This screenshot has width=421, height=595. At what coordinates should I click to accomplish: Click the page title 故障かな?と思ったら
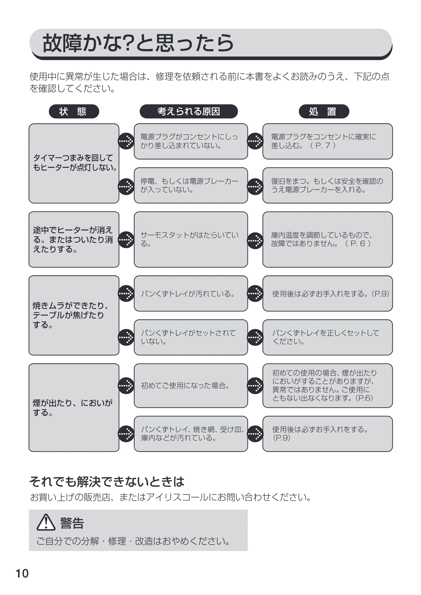click(138, 43)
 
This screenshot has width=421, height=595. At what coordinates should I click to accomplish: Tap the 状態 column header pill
click(74, 111)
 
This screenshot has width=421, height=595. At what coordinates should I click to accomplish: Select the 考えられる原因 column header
click(189, 111)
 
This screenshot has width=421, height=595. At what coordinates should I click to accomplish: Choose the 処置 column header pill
click(324, 111)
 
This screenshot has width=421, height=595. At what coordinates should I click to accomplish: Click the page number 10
click(22, 574)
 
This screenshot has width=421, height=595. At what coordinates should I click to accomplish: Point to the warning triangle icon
click(46, 522)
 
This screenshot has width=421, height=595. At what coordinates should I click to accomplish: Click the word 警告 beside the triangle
click(72, 523)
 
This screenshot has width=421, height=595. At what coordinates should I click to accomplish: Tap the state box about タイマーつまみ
click(74, 163)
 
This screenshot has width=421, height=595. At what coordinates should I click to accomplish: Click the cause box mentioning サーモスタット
click(191, 239)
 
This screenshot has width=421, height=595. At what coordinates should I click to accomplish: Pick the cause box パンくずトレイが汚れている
click(191, 293)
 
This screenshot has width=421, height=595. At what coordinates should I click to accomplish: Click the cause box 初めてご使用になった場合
click(191, 386)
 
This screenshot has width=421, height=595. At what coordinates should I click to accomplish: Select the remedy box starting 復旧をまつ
click(328, 185)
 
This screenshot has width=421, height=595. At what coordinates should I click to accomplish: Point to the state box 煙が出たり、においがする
click(74, 408)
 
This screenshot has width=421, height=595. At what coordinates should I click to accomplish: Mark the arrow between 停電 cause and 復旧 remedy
click(255, 187)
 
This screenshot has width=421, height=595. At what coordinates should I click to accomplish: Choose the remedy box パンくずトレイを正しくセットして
click(328, 337)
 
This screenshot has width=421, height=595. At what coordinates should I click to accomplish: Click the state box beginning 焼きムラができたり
click(74, 315)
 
